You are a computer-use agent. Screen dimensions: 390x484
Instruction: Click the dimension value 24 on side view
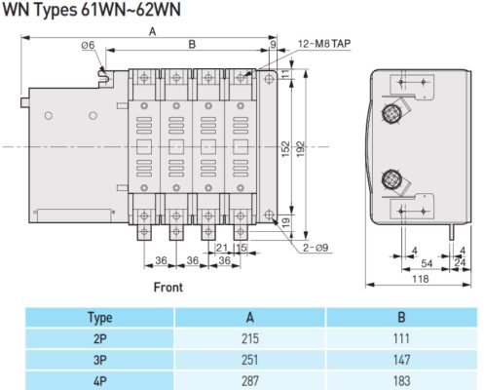coord(460,262)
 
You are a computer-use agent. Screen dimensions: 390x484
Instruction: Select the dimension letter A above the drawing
coord(153,31)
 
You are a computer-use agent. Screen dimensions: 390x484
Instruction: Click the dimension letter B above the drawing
coord(192,45)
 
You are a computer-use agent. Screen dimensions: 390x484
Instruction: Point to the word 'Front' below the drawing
coord(168,288)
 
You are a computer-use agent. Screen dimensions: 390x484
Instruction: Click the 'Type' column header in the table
coord(99,317)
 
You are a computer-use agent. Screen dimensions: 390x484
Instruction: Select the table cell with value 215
coord(250,336)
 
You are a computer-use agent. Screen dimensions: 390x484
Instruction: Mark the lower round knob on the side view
coord(391,178)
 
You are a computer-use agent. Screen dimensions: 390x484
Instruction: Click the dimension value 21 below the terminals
coord(221,248)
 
